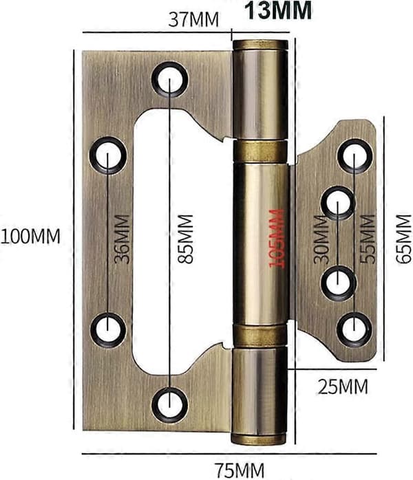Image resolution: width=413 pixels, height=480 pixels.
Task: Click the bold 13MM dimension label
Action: click(278, 11)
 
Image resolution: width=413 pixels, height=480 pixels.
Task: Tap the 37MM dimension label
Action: click(193, 19)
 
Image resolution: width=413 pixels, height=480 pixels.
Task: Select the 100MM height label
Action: click(30, 237)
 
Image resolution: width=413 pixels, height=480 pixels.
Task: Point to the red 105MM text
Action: click(276, 239)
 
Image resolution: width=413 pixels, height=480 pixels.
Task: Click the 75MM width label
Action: click(239, 470)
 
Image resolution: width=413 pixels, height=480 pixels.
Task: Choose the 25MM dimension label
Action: click(343, 387)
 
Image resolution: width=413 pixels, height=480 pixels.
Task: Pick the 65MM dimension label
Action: click(403, 239)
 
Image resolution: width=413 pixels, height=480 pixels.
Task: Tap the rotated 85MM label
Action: click(185, 239)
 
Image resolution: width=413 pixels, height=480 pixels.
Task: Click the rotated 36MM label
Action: click(122, 239)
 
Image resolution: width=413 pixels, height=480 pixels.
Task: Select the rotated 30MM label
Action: click(321, 239)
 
